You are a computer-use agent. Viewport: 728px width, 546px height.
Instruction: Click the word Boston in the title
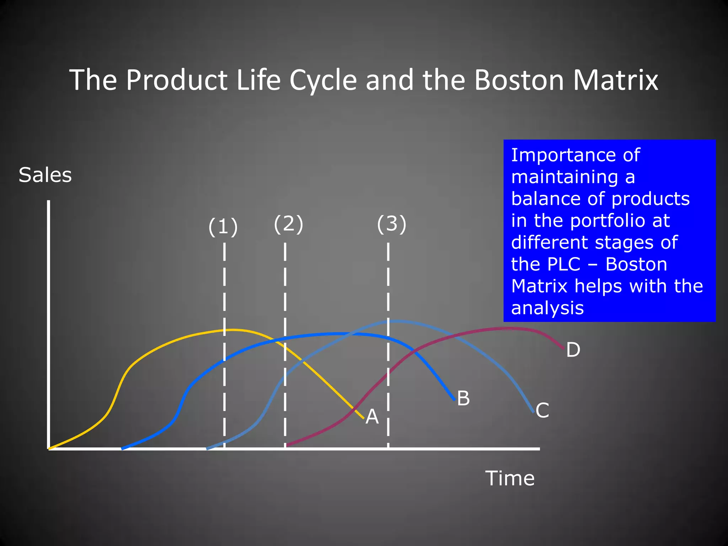coord(519,80)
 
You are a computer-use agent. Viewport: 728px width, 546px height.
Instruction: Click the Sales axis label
coord(45,175)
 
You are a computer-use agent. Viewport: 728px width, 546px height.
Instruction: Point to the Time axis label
coord(510,478)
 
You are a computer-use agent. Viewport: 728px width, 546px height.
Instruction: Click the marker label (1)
coord(223,227)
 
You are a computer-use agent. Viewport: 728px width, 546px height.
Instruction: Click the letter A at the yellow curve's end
coord(372,416)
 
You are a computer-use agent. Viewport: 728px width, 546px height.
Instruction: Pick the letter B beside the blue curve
coord(463,398)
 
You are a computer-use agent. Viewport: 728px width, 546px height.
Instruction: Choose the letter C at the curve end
coord(542,410)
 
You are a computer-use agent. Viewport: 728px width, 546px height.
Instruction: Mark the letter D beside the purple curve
coord(573,350)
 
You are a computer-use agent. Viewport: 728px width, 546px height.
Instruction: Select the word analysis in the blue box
coord(547,308)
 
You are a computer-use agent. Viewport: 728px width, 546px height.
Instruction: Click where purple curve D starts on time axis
coord(287,445)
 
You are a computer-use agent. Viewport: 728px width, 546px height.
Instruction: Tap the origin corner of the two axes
coord(49,449)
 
